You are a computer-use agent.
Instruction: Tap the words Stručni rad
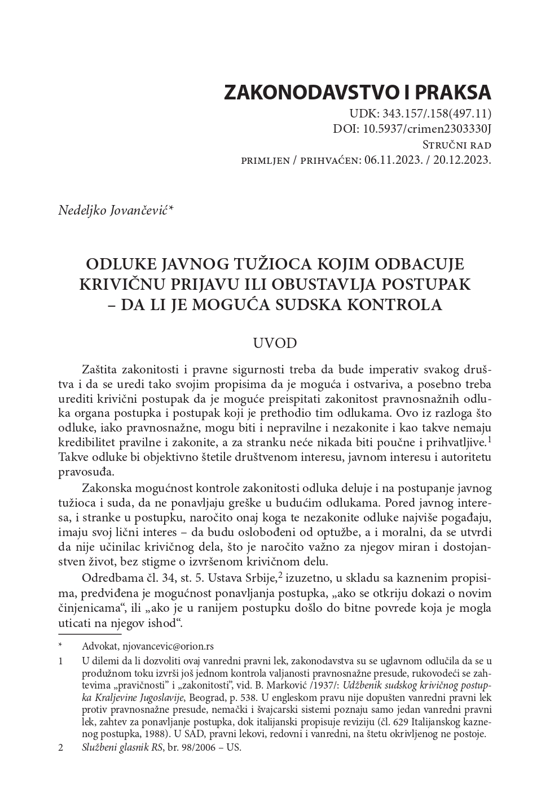pyautogui.click(x=456, y=145)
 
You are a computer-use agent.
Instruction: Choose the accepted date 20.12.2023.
pyautogui.click(x=463, y=160)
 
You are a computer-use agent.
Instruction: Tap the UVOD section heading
pyautogui.click(x=275, y=343)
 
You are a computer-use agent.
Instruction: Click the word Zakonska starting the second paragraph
pyautogui.click(x=107, y=487)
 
